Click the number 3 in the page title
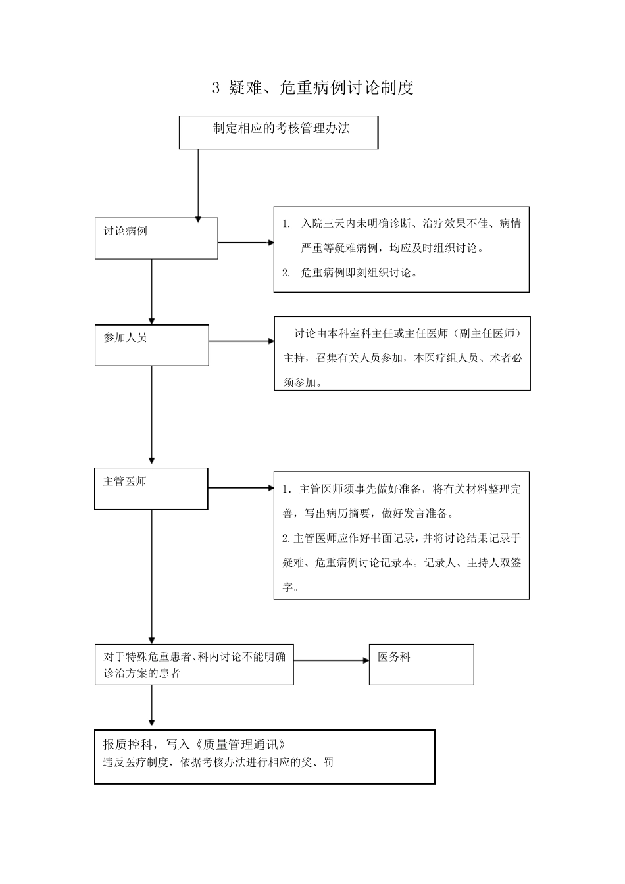216,88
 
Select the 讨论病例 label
125,232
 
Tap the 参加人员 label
125,337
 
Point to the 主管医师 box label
124,481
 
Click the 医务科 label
394,657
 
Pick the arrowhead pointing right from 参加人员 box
270,341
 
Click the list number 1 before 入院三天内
286,224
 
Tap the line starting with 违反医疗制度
217,763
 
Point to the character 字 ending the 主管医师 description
287,587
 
